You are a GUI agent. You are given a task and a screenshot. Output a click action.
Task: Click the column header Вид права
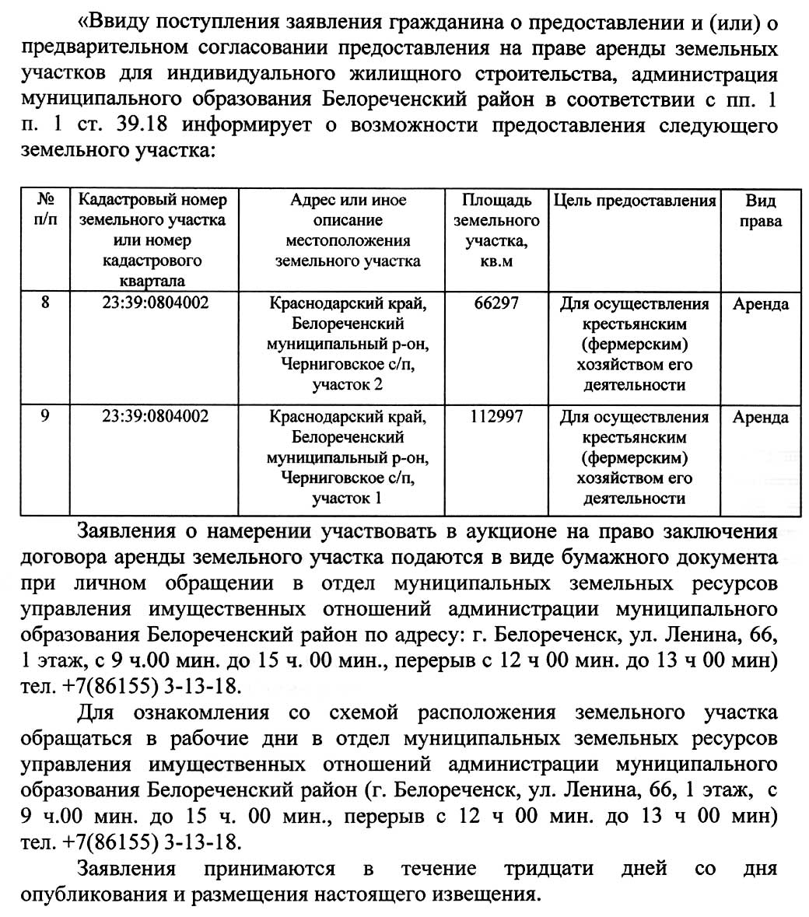[760, 211]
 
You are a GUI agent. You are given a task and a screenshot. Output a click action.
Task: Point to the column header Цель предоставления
[635, 201]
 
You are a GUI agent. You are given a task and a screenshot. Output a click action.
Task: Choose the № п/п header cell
[45, 211]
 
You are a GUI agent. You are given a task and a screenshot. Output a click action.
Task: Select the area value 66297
[496, 303]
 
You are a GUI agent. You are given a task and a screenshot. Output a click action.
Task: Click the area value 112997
[496, 417]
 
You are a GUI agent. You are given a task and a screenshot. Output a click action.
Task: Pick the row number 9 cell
[45, 417]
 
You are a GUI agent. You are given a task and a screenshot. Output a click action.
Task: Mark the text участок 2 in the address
[347, 385]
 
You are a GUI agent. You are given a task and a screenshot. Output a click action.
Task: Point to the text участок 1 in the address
[347, 499]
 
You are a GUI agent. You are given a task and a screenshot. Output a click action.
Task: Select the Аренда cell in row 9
[760, 418]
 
